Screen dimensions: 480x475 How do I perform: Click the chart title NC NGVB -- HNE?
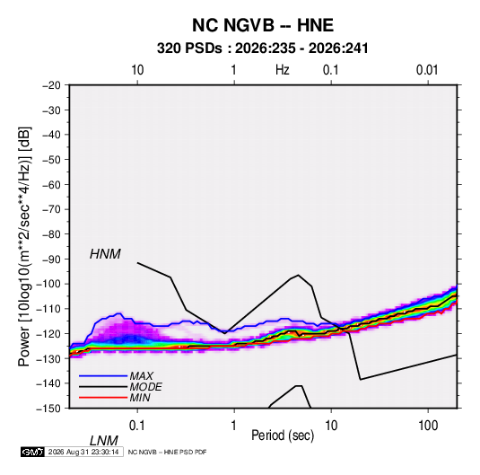pos(263,25)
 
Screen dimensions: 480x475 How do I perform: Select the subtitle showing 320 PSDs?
pos(263,48)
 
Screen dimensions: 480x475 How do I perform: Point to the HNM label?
pos(105,254)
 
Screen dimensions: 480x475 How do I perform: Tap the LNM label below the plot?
pos(103,441)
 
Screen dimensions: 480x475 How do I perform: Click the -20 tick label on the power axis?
pos(51,85)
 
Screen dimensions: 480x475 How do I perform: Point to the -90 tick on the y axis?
pos(51,259)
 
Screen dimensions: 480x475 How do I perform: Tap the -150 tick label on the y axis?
pos(48,409)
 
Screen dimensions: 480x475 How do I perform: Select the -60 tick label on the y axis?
pos(51,184)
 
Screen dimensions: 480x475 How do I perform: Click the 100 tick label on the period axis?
pos(428,426)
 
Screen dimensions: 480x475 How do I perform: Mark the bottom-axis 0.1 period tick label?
pos(136,426)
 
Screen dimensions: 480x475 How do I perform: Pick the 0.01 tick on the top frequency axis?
pos(427,70)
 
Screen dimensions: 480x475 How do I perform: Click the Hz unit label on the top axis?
pos(283,70)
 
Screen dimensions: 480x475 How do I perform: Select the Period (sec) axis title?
pos(283,435)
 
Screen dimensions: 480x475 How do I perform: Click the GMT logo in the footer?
pos(33,452)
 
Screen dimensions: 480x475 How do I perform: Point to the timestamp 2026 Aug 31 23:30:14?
pos(83,452)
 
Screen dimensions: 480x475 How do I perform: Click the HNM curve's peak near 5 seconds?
pos(298,275)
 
